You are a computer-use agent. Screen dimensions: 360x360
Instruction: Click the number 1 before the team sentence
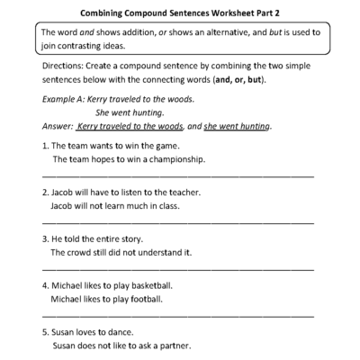pos(45,146)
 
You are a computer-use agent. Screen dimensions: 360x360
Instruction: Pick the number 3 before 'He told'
pos(45,239)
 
